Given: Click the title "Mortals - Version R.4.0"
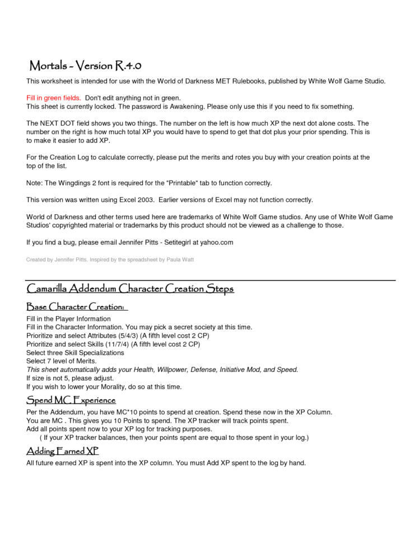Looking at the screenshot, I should coord(89,66).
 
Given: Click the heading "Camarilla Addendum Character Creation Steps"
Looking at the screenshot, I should coord(130,289).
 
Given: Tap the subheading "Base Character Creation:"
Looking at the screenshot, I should coord(77,307).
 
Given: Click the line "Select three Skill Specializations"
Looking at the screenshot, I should coord(75,353).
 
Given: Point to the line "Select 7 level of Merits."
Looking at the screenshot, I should coord(62,361).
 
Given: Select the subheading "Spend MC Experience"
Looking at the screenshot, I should coord(71,400).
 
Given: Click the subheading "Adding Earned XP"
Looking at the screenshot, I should coord(63,451).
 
